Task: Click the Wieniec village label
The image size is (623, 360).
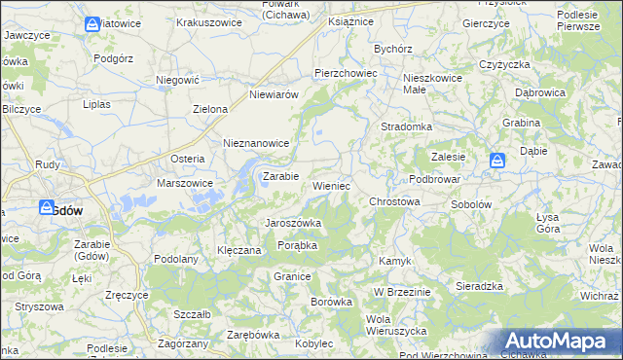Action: (332, 185)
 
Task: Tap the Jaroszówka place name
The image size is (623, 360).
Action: (294, 223)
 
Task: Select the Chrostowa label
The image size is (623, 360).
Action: (394, 201)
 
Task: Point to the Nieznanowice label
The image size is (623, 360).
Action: (257, 142)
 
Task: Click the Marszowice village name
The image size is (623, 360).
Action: (185, 182)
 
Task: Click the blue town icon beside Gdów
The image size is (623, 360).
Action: (47, 207)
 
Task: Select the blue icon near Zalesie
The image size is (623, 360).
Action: (497, 161)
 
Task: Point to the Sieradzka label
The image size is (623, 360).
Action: (479, 286)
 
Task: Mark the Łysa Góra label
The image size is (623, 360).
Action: (547, 222)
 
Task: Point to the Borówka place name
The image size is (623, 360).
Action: (331, 302)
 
